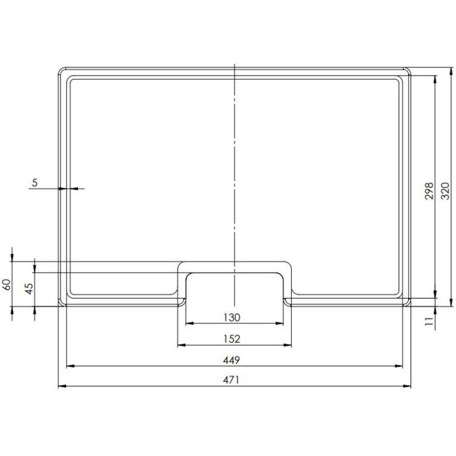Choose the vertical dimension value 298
[x=430, y=190]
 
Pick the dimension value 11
[x=430, y=321]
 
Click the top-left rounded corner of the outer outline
[x=61, y=70]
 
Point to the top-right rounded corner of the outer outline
[x=408, y=70]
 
